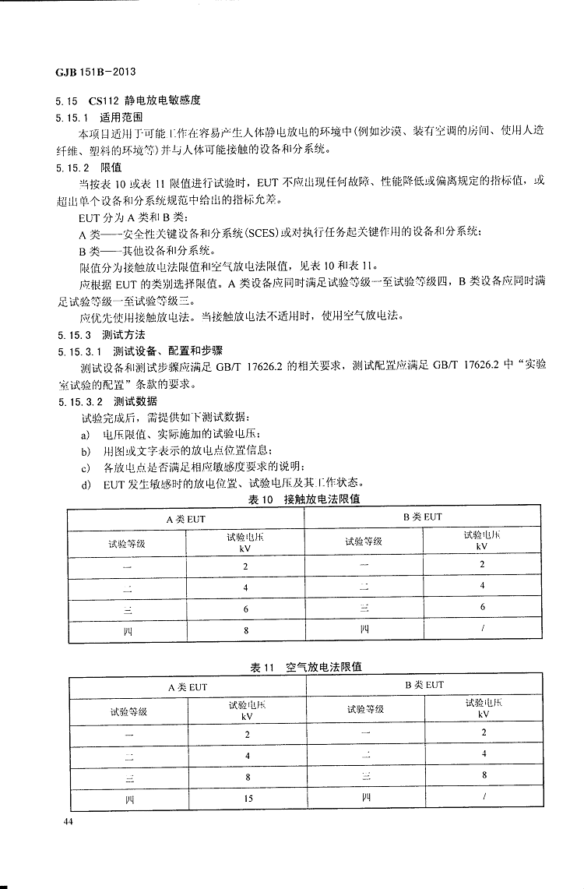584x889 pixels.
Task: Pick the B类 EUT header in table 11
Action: point(424,684)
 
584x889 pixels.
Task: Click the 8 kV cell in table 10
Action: point(245,630)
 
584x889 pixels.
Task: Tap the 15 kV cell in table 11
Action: point(247,799)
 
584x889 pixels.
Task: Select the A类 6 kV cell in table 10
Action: point(245,609)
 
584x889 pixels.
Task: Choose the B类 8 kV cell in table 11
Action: point(484,775)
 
